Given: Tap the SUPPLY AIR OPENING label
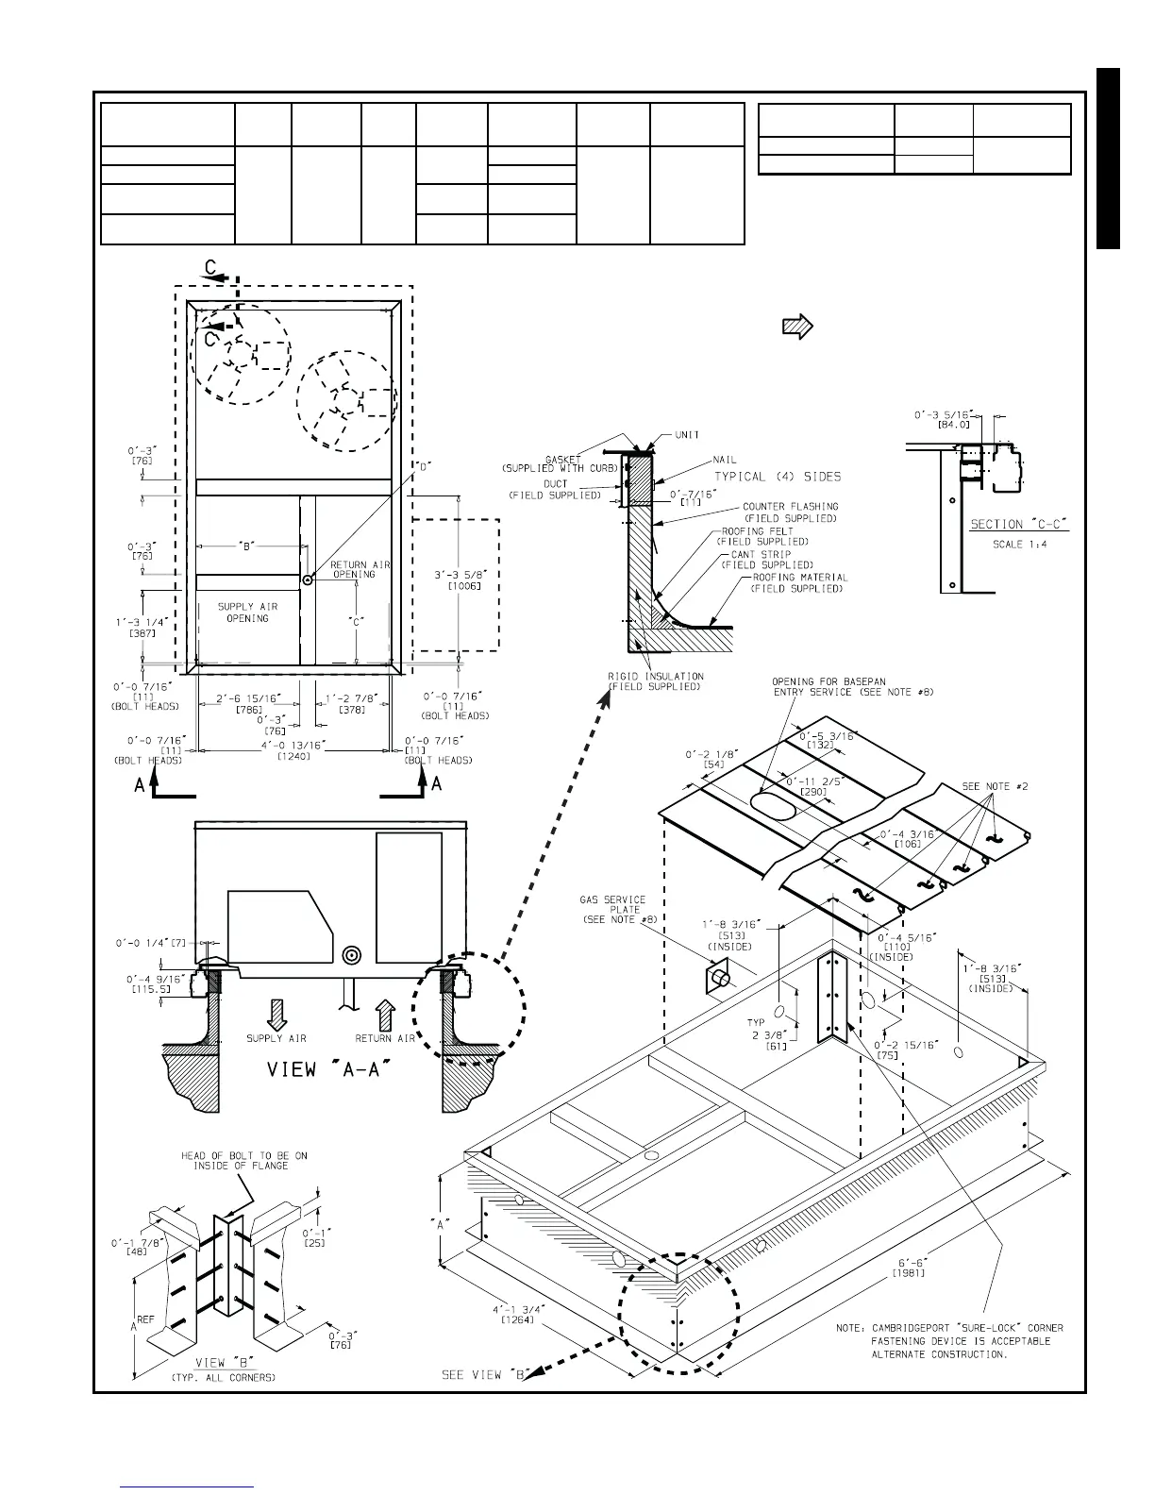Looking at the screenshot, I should (x=247, y=613).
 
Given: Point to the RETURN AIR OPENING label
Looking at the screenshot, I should (x=360, y=569).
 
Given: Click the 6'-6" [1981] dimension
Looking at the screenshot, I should (x=906, y=1268).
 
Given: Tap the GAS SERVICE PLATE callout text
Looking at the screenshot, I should (x=611, y=909).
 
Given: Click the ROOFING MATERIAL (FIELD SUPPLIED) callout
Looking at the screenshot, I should (x=798, y=582).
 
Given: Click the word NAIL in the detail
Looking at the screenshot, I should (x=724, y=461).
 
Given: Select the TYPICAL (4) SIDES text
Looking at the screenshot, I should (x=777, y=477).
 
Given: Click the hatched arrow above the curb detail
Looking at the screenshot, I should (x=798, y=328).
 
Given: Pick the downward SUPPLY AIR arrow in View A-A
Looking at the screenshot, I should (x=276, y=1014).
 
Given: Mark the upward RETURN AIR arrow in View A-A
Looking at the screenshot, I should (x=385, y=1014).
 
